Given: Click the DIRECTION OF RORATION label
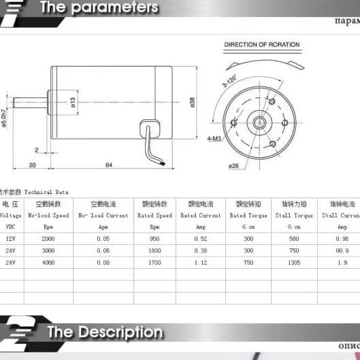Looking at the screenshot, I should [x=262, y=45].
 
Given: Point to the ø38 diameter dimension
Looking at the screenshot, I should [x=193, y=102].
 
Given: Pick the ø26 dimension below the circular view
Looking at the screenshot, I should [x=233, y=165].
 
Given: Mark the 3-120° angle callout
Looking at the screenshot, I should [x=229, y=80].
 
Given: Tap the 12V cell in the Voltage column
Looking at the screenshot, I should [x=10, y=239].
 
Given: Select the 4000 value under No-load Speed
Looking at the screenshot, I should [x=48, y=262].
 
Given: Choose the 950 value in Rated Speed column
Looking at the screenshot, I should [x=155, y=239].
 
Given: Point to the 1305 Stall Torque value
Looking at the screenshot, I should [x=294, y=262].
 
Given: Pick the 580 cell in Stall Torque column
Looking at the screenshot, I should [x=294, y=239].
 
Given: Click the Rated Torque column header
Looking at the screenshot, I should [x=248, y=215].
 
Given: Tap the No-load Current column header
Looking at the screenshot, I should [x=103, y=215].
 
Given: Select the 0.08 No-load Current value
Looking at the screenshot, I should [x=103, y=262].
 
